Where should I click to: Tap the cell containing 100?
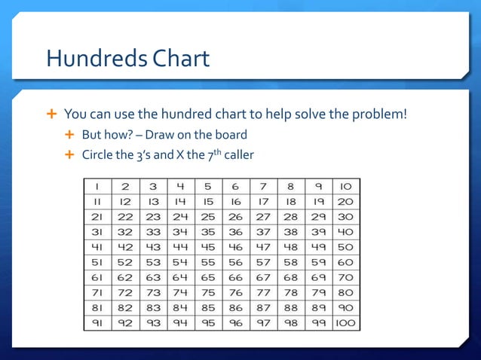pos(346,322)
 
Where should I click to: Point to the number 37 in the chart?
pos(263,232)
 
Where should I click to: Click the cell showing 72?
pos(126,292)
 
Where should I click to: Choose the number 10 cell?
pos(346,186)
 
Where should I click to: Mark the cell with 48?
pos(291,247)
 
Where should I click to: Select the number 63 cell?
pos(154,277)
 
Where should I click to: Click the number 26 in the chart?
pos(236,217)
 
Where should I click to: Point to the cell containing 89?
pos(319,307)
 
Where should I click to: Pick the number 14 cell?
pos(181,202)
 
